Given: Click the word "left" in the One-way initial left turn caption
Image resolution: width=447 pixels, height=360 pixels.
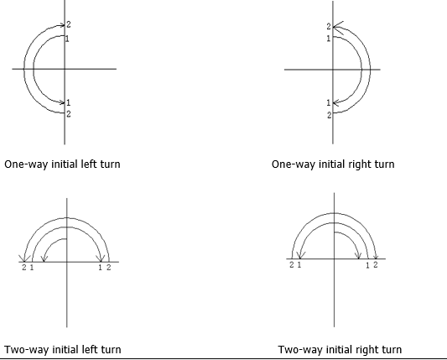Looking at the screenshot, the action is [90, 164].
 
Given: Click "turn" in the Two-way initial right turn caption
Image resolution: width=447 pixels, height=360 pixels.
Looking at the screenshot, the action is [391, 349].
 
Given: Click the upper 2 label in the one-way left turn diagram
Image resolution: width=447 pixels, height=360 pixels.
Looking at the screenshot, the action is [69, 24].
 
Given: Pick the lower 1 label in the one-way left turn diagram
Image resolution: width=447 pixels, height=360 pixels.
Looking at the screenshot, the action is [68, 102].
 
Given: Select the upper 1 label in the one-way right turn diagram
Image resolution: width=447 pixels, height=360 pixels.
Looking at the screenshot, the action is [329, 39].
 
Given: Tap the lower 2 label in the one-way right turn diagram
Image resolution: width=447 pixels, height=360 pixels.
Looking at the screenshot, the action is [330, 115].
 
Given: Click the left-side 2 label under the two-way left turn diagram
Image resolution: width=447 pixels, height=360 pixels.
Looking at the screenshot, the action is [24, 268].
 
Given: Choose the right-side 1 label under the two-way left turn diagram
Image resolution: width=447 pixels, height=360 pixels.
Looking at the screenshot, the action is [100, 268].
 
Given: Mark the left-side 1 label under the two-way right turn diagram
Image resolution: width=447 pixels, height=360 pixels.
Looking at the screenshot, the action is [299, 264].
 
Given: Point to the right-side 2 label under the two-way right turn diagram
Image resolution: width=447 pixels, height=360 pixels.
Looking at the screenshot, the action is [376, 264].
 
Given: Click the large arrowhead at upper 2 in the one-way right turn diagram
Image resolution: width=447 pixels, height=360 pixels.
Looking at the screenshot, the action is [338, 28].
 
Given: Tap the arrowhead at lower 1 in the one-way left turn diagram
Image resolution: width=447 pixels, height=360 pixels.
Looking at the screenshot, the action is [62, 102].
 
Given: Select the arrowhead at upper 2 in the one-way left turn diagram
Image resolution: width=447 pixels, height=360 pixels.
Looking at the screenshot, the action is [62, 25].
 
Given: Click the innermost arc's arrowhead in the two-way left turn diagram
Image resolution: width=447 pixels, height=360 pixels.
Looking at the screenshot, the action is [44, 258].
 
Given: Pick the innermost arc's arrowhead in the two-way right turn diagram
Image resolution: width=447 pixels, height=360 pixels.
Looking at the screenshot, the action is [359, 256].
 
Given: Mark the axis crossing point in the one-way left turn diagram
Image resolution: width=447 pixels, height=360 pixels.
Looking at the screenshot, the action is [65, 69].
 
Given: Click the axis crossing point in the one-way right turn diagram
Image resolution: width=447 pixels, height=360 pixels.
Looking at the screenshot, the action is [333, 70].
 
